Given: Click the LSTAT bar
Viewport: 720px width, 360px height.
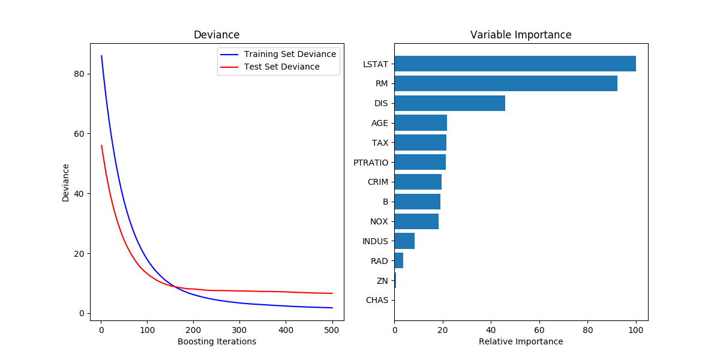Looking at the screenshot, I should click(x=515, y=64).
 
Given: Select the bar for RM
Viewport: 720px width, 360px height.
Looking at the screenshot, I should click(x=506, y=83).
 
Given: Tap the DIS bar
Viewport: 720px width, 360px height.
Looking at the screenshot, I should click(x=449, y=103).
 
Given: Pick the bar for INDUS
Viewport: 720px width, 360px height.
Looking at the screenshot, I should click(x=404, y=241).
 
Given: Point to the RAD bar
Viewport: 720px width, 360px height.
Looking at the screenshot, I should click(x=398, y=261).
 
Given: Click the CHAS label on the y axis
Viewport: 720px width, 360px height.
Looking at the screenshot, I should click(x=377, y=301).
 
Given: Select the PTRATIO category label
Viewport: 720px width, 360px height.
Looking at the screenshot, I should click(x=371, y=163).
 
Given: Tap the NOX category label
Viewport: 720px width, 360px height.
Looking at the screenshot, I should click(x=379, y=221).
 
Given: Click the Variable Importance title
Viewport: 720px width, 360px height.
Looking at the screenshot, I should click(x=521, y=35).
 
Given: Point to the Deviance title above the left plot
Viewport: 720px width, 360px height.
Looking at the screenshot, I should click(x=217, y=35).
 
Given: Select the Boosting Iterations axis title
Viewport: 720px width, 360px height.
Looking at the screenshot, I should click(x=217, y=341).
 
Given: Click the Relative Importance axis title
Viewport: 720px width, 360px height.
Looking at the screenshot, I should click(x=521, y=341).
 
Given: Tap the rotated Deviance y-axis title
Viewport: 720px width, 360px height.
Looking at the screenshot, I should click(x=66, y=182).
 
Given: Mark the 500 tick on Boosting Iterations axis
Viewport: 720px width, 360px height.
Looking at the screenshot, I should click(x=332, y=329).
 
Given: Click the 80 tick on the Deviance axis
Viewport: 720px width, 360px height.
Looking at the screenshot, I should click(x=79, y=74).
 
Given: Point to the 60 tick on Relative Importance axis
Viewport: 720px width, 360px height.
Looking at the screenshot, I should click(x=539, y=329).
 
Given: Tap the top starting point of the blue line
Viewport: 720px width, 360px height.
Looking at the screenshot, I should click(x=101, y=56).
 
